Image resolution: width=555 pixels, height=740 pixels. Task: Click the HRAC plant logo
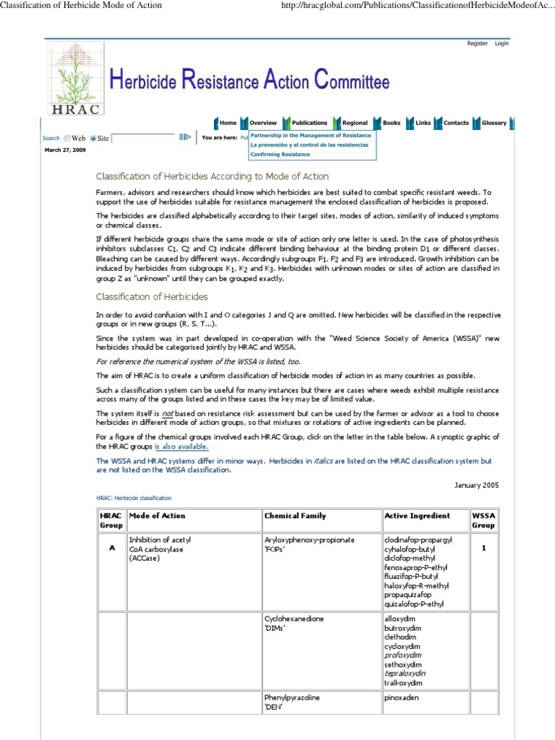(x=76, y=78)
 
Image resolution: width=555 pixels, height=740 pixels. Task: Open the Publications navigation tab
(x=309, y=123)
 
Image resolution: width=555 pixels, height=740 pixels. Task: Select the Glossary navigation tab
(x=494, y=123)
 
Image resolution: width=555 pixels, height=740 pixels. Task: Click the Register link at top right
(x=477, y=43)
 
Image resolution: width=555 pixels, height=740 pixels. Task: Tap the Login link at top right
(x=502, y=43)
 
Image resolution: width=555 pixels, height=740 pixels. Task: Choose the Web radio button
(x=67, y=138)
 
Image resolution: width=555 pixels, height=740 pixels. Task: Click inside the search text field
(x=143, y=137)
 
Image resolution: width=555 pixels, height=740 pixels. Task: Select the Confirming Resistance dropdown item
(x=280, y=154)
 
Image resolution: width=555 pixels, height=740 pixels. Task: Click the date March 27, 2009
(x=65, y=150)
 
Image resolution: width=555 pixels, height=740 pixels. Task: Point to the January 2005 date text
(x=476, y=485)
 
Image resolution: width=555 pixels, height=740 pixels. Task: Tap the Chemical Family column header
(x=295, y=516)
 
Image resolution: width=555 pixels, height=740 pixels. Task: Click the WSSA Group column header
(x=483, y=520)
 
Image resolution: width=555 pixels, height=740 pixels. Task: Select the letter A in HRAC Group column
(x=111, y=548)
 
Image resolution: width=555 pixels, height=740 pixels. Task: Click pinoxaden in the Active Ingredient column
(x=403, y=698)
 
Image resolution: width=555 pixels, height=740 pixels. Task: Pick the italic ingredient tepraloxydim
(x=405, y=673)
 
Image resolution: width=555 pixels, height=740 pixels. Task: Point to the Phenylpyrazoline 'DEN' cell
(x=292, y=702)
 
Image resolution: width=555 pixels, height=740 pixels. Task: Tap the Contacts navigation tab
(x=456, y=123)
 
